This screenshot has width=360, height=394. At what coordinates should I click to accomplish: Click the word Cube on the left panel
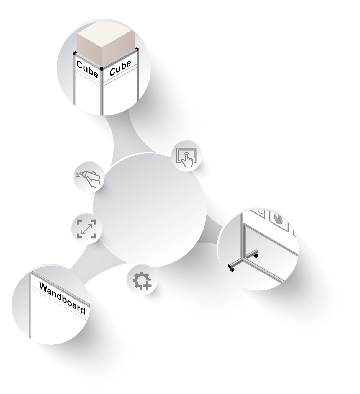click(x=87, y=69)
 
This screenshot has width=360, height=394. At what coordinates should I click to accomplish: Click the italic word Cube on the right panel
click(x=120, y=68)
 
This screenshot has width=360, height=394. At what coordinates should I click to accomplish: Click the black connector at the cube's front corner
click(x=101, y=69)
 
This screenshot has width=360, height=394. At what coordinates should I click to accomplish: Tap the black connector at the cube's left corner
click(x=75, y=53)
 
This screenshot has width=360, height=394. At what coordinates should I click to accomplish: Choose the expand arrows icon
click(x=86, y=229)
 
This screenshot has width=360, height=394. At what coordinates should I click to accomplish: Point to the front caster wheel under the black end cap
click(x=232, y=270)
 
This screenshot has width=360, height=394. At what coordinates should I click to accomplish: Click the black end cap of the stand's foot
click(x=230, y=266)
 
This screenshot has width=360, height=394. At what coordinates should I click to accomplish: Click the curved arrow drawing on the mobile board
click(x=261, y=213)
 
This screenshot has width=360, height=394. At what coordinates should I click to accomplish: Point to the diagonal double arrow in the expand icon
click(x=86, y=229)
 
